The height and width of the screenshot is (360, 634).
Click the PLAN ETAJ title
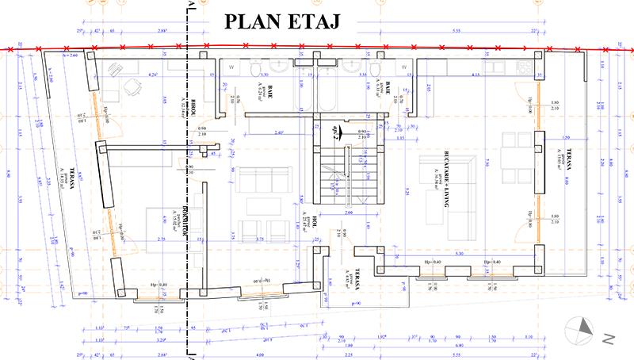click(x=281, y=21)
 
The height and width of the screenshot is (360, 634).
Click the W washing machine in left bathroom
click(x=230, y=67)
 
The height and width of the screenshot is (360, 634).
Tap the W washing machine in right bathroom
click(x=398, y=67)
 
